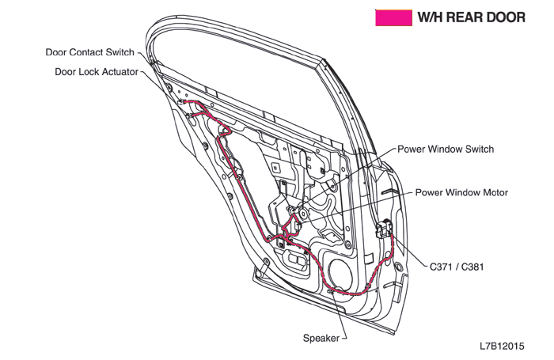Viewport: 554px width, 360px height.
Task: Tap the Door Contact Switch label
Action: pos(89,53)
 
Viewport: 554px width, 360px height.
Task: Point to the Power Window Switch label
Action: pos(446,149)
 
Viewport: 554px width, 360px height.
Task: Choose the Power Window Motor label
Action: pos(462,192)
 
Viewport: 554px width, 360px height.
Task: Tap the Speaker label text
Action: pos(321,338)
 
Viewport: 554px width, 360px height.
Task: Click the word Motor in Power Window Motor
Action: pos(494,192)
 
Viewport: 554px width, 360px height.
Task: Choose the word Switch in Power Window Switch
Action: pos(478,149)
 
